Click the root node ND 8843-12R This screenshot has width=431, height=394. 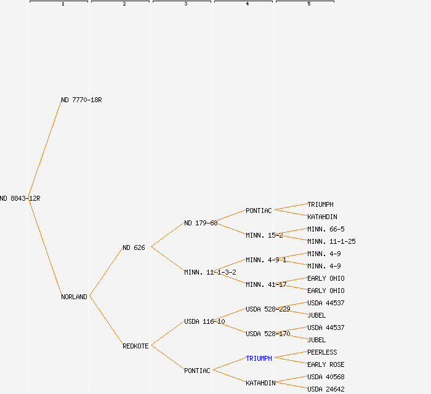[x=20, y=198]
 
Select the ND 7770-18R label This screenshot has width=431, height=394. [x=81, y=100]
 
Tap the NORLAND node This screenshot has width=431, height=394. [x=74, y=297]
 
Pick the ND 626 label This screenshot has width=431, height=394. [x=134, y=247]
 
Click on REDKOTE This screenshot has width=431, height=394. [x=135, y=346]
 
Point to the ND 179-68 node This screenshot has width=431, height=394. [x=201, y=223]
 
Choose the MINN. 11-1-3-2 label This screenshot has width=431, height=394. [x=210, y=272]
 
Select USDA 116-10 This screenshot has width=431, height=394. [x=204, y=321]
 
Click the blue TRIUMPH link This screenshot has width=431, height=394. [x=259, y=358]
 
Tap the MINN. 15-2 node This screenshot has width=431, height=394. [x=264, y=235]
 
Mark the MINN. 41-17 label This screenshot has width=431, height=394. [x=266, y=284]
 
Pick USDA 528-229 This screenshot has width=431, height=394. [x=268, y=309]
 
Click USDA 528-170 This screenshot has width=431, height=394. [x=268, y=334]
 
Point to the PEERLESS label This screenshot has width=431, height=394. [x=322, y=352]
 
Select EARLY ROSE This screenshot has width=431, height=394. [x=326, y=364]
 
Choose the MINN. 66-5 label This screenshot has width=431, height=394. [x=326, y=229]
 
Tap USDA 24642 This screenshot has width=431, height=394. [x=326, y=389]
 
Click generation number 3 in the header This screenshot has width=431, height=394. [x=185, y=4]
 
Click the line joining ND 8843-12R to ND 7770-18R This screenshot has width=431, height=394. [x=45, y=149]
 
